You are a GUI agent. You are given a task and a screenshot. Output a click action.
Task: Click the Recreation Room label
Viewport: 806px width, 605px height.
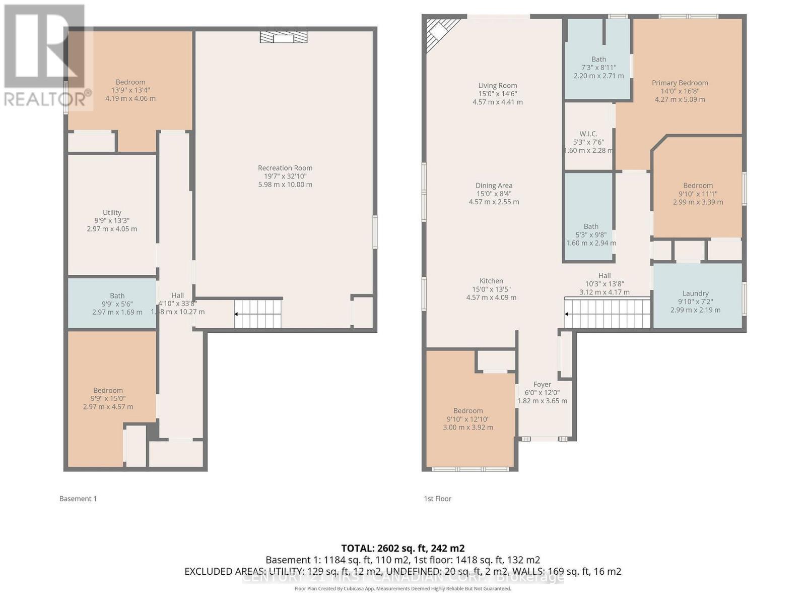click(285, 168)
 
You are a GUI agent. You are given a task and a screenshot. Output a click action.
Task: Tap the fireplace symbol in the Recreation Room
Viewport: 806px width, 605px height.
click(284, 37)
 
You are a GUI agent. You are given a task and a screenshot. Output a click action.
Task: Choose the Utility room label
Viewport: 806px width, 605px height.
click(112, 213)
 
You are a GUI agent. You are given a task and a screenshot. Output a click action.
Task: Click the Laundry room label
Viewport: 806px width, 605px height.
click(695, 293)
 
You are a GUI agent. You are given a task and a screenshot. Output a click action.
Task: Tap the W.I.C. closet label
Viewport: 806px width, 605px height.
click(588, 134)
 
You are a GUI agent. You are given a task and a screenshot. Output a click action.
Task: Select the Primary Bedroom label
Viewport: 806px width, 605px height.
click(680, 83)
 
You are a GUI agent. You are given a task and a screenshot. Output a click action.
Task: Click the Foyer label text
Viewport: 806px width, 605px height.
click(542, 385)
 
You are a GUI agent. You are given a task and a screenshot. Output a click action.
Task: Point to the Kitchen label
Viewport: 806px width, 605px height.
click(491, 281)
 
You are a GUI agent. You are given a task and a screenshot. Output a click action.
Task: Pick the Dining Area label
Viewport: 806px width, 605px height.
click(494, 186)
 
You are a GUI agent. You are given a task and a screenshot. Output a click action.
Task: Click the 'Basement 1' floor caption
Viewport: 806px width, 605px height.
click(78, 499)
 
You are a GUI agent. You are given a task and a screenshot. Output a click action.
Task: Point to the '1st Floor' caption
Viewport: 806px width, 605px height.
click(437, 499)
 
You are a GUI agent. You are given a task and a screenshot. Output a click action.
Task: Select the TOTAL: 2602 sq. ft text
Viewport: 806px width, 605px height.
click(402, 548)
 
